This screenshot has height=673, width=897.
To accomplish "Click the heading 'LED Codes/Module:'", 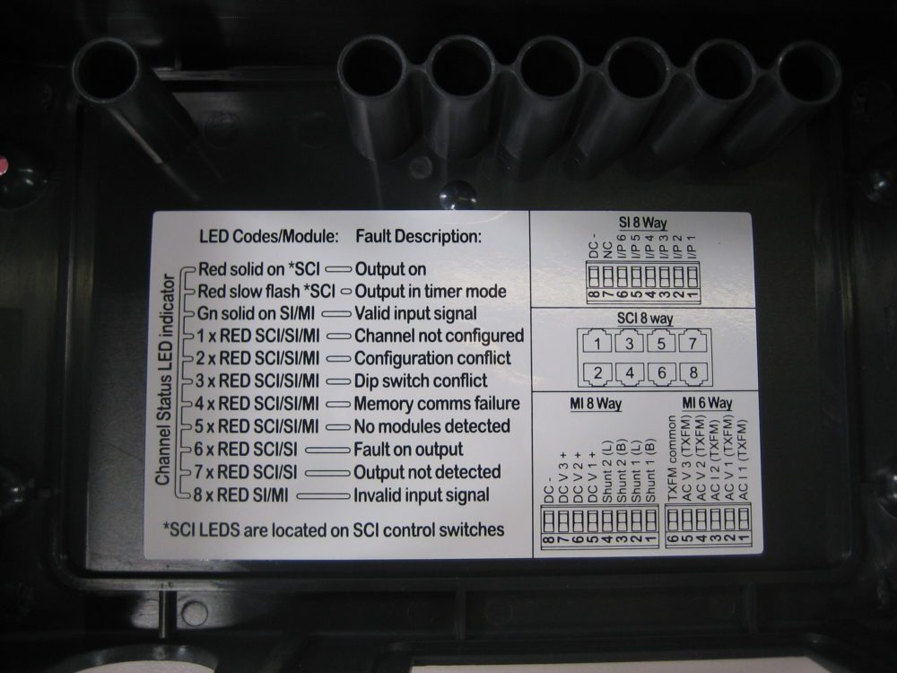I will coord(268,237).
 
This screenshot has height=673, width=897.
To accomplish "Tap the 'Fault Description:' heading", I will coord(418,237).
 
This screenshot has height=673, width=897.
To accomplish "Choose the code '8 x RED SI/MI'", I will coord(246,495).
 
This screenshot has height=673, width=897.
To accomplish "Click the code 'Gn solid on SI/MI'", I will coord(257,314).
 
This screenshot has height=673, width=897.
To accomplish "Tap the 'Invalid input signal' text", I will coord(422,495).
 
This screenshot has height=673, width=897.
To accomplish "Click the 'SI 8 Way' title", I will coord(642,223).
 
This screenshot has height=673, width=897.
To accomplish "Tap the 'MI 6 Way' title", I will coord(706,404).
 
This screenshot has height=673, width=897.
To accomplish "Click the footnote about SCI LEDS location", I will coord(333,530).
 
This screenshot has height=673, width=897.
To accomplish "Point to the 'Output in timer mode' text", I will coord(431,292).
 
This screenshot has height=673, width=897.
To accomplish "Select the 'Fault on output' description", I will coord(409,449).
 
